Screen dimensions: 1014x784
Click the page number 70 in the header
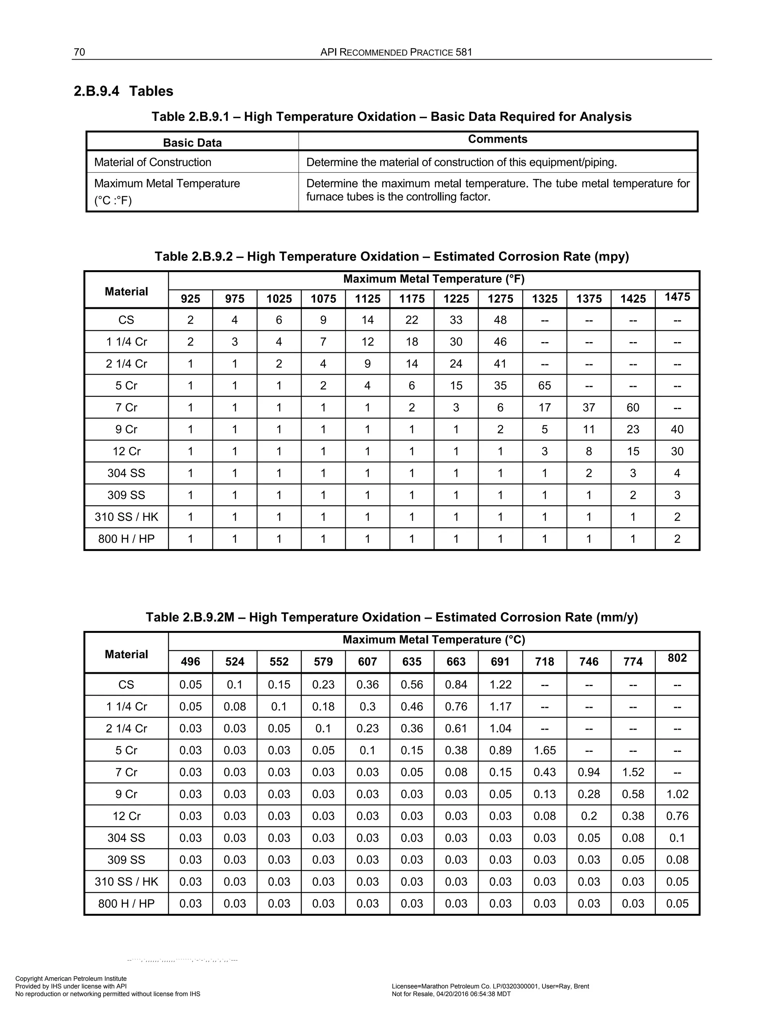point(79,52)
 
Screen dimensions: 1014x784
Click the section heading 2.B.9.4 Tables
point(123,91)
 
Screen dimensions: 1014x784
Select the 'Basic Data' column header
point(192,143)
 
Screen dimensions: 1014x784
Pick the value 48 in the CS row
point(500,320)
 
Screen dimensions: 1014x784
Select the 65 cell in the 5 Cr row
point(544,385)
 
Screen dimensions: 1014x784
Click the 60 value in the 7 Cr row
point(633,407)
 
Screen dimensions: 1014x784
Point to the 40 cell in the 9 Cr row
point(677,429)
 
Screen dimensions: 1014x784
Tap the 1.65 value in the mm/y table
point(544,750)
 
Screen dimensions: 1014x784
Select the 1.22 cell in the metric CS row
point(500,685)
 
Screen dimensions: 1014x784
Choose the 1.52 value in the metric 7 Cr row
point(633,772)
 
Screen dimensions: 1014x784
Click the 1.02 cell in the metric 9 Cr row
point(677,794)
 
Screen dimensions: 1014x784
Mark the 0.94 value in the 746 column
point(588,772)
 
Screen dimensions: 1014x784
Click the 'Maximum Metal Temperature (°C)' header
point(433,640)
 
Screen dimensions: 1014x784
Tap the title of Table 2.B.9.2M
point(392,617)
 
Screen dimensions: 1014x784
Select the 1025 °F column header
point(279,298)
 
